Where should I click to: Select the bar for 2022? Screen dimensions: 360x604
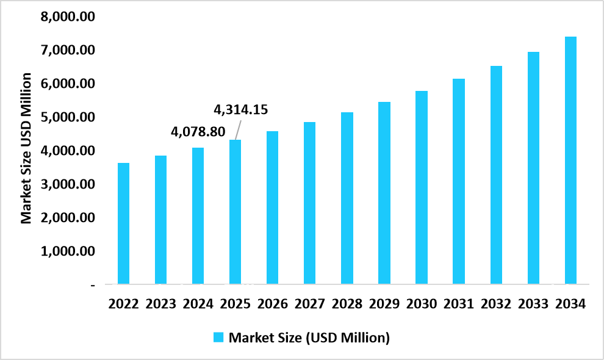click(123, 223)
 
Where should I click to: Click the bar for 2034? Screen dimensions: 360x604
click(570, 160)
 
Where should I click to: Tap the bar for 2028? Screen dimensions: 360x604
click(347, 198)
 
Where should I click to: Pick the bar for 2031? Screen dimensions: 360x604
click(459, 181)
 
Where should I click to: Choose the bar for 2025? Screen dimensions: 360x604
click(235, 212)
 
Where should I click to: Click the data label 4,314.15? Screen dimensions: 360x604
click(240, 110)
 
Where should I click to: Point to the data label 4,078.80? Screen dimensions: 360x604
click(198, 131)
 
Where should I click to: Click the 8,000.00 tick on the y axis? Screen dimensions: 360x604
click(67, 16)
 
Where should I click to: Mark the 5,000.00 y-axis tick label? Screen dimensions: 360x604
click(67, 117)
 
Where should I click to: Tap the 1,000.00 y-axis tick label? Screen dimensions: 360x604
click(67, 251)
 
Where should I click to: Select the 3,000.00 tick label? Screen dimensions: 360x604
click(67, 184)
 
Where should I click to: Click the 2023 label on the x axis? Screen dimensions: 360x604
click(161, 304)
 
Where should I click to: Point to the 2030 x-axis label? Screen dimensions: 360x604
click(422, 304)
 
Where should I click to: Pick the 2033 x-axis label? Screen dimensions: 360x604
click(533, 304)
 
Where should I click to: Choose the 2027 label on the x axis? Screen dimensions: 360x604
click(310, 304)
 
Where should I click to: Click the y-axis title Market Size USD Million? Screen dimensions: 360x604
click(26, 148)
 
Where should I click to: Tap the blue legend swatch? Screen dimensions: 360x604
click(218, 337)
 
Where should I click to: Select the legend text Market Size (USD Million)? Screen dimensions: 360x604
click(309, 337)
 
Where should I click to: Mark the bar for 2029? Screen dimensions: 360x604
click(384, 193)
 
